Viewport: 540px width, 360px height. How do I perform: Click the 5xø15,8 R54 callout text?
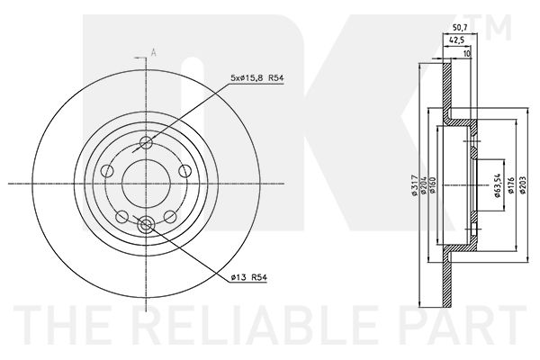coord(256,78)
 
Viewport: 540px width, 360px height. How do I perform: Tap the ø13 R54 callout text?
coord(249,277)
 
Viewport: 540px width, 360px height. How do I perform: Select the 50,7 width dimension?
coord(460,27)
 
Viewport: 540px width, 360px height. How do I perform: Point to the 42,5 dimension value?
coord(456,40)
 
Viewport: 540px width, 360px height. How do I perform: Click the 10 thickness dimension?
coord(466,53)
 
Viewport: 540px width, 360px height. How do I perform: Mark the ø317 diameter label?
coord(414,185)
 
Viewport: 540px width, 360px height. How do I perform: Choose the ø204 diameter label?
coord(424,185)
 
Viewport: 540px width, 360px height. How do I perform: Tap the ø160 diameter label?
coord(433,185)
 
